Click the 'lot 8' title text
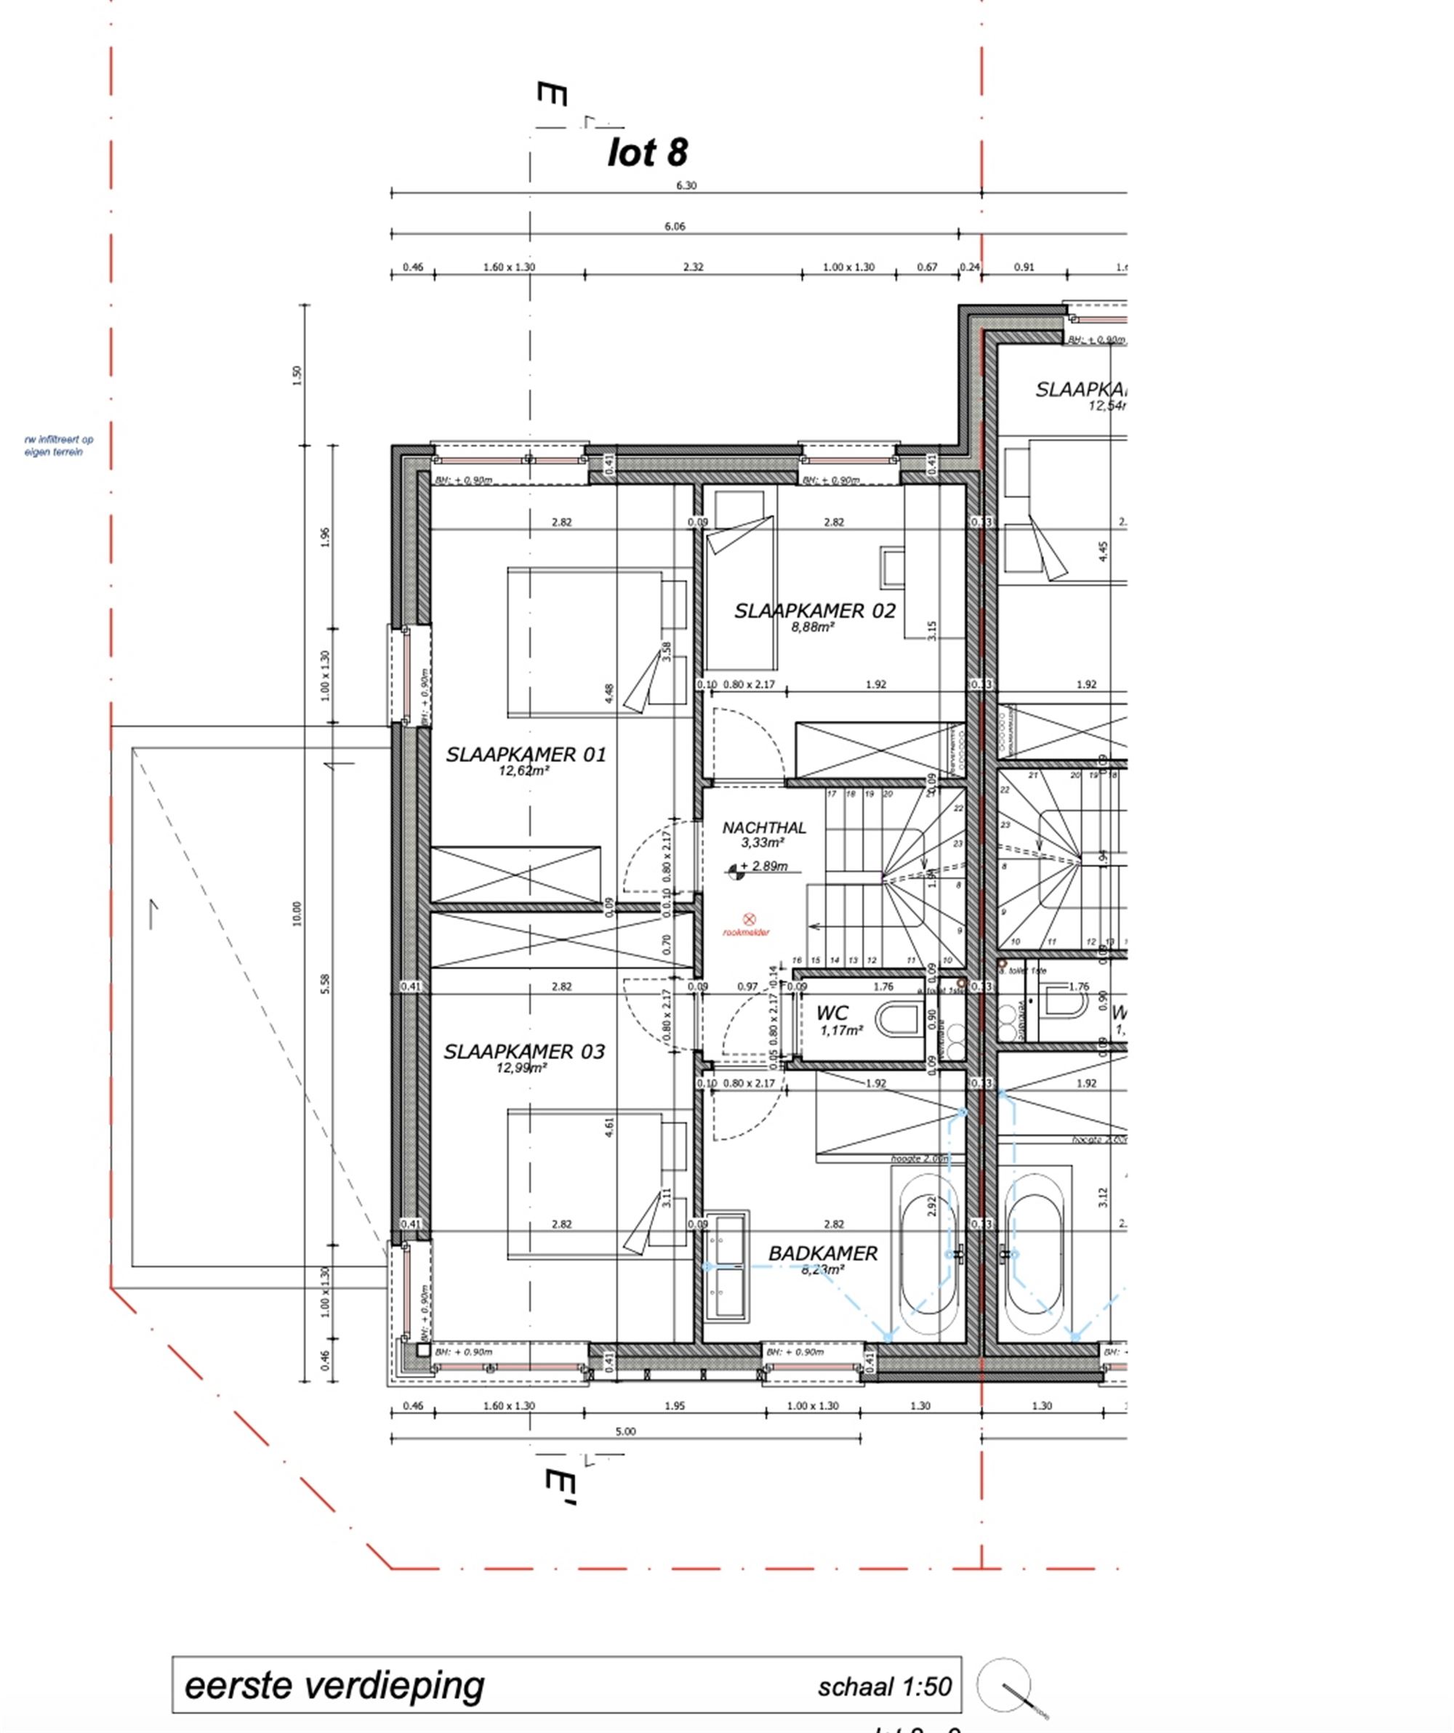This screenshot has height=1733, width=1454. click(x=648, y=153)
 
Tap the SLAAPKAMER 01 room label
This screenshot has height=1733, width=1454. click(x=526, y=755)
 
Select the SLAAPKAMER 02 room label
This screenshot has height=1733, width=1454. click(x=814, y=611)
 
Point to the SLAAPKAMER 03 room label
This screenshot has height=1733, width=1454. click(x=524, y=1051)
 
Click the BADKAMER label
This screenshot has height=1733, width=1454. click(x=823, y=1252)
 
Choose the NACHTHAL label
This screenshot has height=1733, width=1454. click(x=764, y=828)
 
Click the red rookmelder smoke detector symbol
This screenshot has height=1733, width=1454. click(x=750, y=919)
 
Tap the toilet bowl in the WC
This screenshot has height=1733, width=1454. click(x=899, y=1020)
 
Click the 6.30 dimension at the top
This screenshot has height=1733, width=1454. click(x=686, y=185)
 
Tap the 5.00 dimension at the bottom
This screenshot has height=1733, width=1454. click(x=625, y=1431)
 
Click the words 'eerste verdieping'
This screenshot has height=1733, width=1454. click(x=334, y=1685)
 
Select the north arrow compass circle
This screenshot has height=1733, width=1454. click(x=1003, y=1684)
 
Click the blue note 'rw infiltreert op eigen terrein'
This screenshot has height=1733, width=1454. click(x=59, y=446)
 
